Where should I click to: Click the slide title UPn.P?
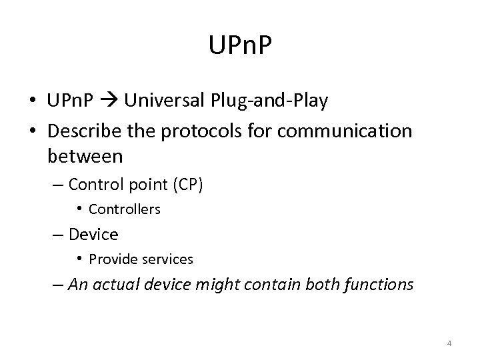coord(240,46)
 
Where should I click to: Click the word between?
coord(85,157)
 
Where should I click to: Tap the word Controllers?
coord(125,209)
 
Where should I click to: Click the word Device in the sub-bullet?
coord(93,235)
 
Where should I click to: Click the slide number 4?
coord(449,343)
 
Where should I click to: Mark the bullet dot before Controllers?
coord(79,209)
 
